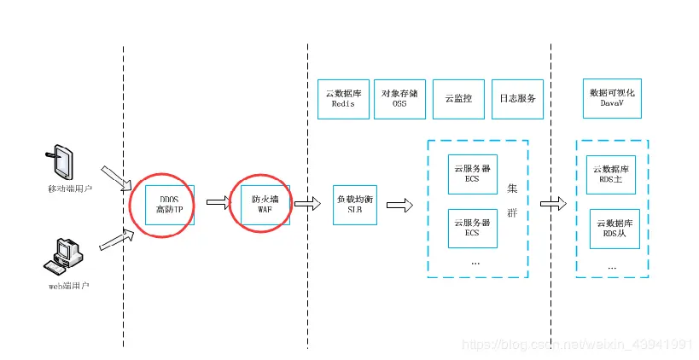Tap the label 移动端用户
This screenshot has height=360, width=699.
tap(68, 187)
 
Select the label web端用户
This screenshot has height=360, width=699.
tap(68, 284)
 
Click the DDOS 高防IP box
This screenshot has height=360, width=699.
tap(170, 204)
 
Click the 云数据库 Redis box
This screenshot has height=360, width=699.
tap(343, 98)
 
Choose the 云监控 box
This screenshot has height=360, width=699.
tap(458, 98)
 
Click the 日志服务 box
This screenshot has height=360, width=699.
tap(517, 98)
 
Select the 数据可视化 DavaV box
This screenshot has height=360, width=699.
tap(613, 98)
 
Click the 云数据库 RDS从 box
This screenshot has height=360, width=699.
tap(615, 228)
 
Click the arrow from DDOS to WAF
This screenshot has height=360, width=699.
tap(218, 203)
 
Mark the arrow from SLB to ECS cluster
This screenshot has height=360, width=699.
tap(399, 205)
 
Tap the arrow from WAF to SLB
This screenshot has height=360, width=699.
tap(302, 203)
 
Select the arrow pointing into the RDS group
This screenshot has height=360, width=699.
tap(553, 204)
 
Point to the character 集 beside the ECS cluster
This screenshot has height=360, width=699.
tap(511, 189)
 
